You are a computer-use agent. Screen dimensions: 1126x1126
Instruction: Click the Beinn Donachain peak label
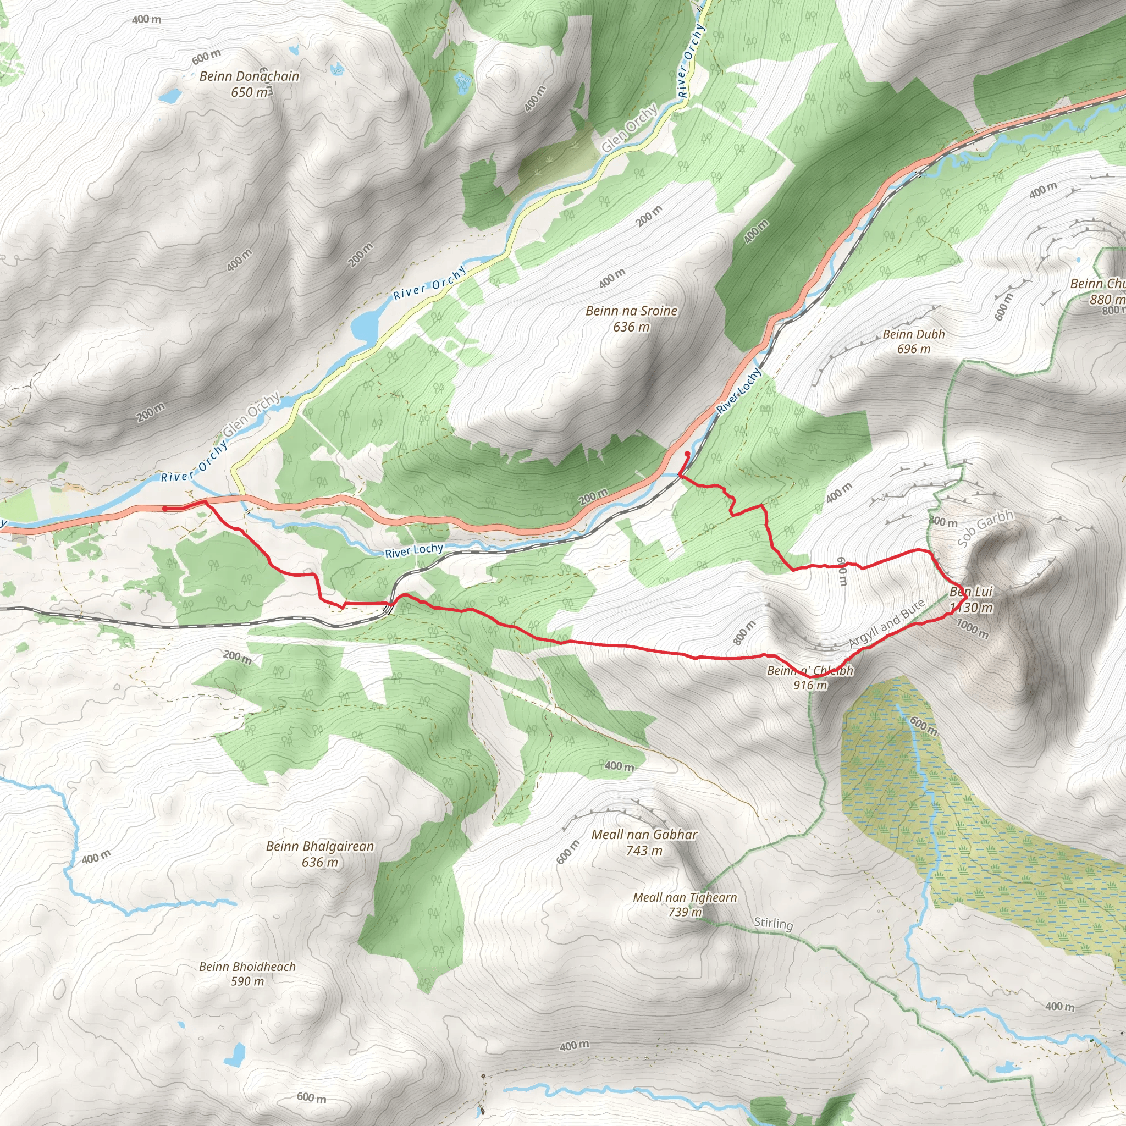pos(249,76)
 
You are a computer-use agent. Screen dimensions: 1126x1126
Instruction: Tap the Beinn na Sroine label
pos(631,311)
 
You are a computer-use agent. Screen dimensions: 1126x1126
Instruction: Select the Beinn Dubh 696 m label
pos(913,341)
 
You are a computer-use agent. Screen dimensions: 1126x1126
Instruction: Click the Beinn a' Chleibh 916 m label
pos(810,677)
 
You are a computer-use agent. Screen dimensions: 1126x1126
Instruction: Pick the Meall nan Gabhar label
pos(644,835)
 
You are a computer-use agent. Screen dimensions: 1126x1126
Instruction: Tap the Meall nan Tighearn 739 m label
pos(685,904)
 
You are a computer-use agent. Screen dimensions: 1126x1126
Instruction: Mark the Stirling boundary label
pos(774,923)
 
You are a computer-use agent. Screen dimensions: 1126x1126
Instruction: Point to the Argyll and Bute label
pos(886,623)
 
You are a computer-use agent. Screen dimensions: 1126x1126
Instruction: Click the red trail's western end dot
pos(165,509)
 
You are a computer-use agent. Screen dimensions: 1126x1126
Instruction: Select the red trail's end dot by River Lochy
pos(687,454)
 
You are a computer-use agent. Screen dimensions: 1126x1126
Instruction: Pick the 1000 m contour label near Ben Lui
pos(972,629)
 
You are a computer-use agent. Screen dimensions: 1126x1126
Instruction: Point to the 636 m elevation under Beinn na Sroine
pos(631,327)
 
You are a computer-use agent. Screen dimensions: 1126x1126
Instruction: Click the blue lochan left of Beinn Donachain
pos(170,96)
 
